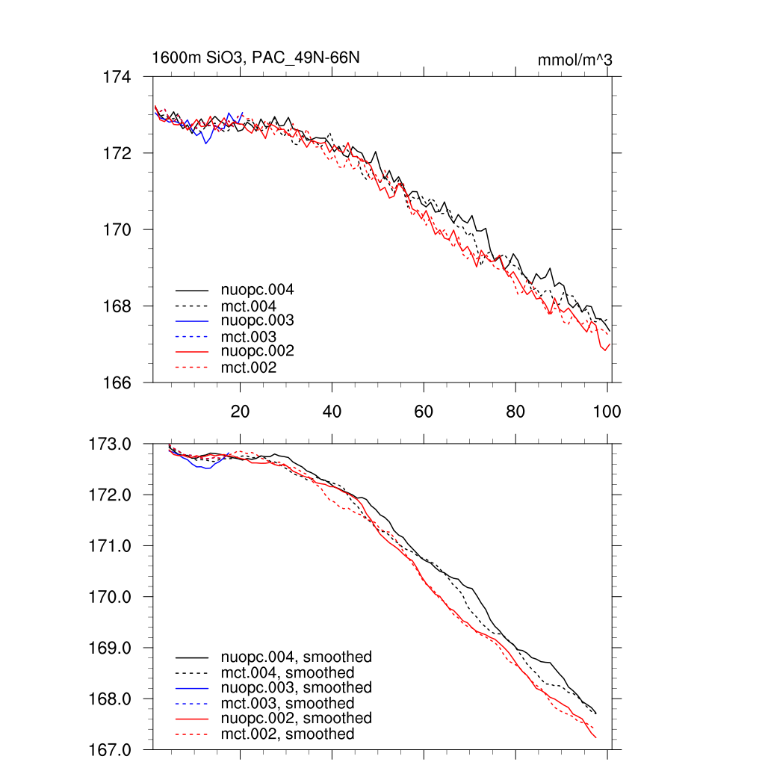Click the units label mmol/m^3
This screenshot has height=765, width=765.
tap(574, 60)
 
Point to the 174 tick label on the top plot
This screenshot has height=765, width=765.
tap(117, 76)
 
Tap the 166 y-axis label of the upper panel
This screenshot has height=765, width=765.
tap(117, 382)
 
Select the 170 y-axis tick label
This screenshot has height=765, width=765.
tap(117, 229)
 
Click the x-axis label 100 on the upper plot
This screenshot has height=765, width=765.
tap(606, 411)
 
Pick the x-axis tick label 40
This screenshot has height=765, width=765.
tap(331, 411)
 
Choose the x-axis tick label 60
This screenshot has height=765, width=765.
tap(423, 411)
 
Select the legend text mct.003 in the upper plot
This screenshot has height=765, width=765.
tap(248, 336)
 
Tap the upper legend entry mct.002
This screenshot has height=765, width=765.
tap(248, 368)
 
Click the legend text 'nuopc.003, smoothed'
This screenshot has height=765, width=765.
tap(296, 687)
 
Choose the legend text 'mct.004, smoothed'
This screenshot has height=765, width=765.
tap(288, 672)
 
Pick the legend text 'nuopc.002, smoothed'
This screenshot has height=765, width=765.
tap(296, 718)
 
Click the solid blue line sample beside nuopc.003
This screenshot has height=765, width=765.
tap(192, 320)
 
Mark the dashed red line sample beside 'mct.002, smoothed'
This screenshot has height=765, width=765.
tap(192, 734)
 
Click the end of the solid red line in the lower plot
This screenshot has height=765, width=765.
tap(596, 738)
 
